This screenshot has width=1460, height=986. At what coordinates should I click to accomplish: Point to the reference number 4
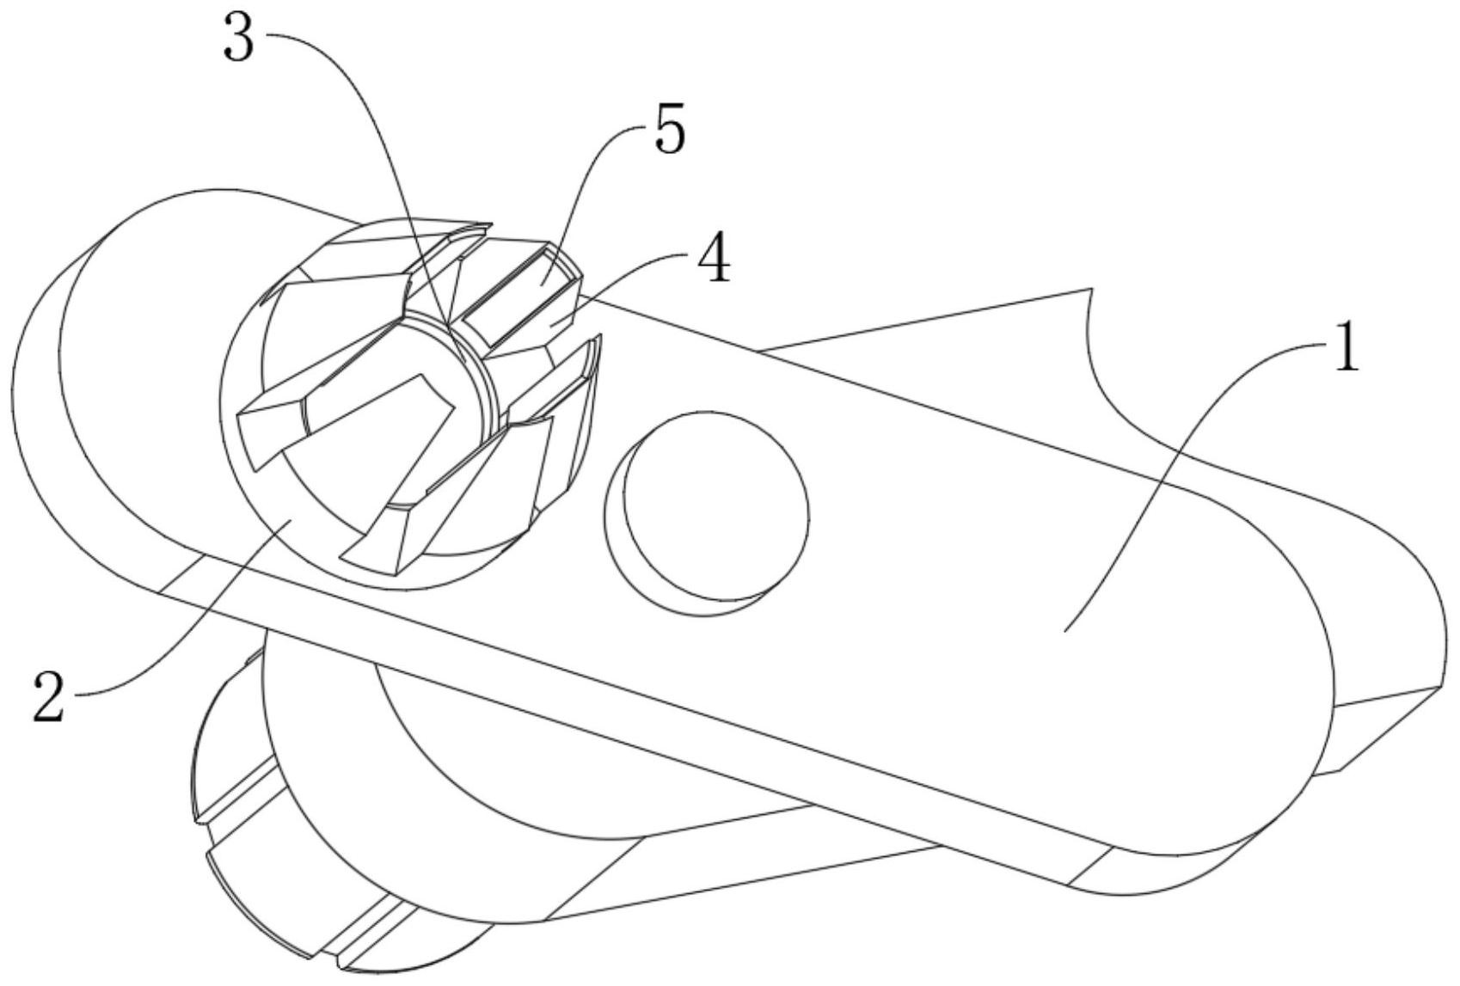pyautogui.click(x=713, y=260)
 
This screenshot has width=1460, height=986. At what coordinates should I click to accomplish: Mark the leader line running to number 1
pyautogui.click(x=1187, y=481)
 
